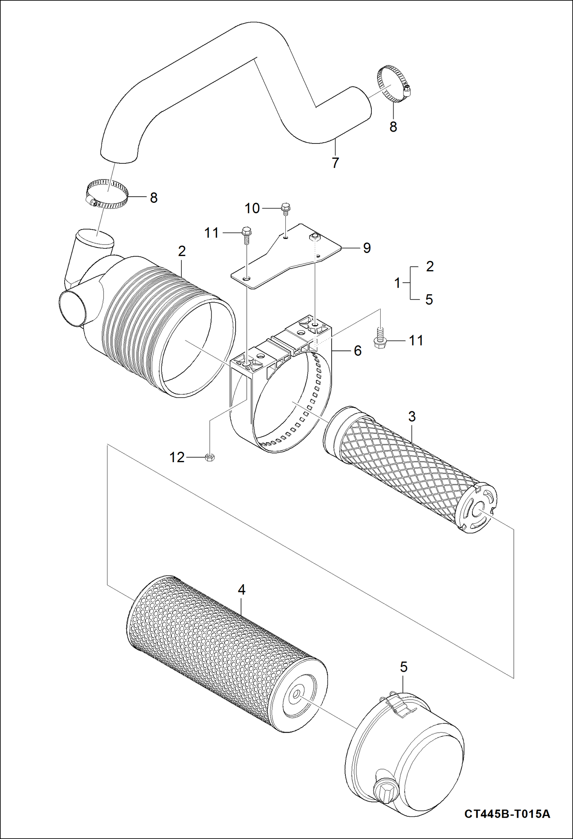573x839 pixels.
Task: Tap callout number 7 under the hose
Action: (x=335, y=163)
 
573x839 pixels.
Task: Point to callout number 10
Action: (x=252, y=209)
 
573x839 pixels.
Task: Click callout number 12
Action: (x=177, y=457)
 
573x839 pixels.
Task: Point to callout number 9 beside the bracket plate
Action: (x=366, y=248)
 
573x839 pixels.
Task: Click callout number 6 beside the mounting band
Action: (x=357, y=350)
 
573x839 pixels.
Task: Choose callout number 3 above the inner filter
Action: (x=412, y=416)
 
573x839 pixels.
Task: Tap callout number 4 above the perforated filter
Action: (x=241, y=590)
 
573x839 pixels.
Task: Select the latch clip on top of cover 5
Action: (x=399, y=705)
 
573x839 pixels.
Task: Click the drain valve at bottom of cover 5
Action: (x=384, y=789)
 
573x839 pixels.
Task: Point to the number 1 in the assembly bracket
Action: (x=397, y=283)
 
